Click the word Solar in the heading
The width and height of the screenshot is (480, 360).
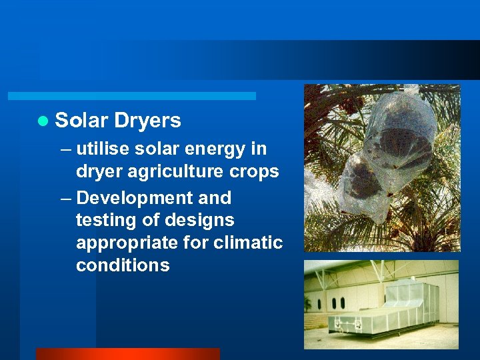coord(81,121)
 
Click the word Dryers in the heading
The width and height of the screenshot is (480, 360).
coord(147,121)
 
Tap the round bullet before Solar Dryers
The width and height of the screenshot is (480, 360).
coord(43,121)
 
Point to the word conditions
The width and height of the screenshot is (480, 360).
coord(123,265)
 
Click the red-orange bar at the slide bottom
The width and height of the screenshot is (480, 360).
coord(127,354)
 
